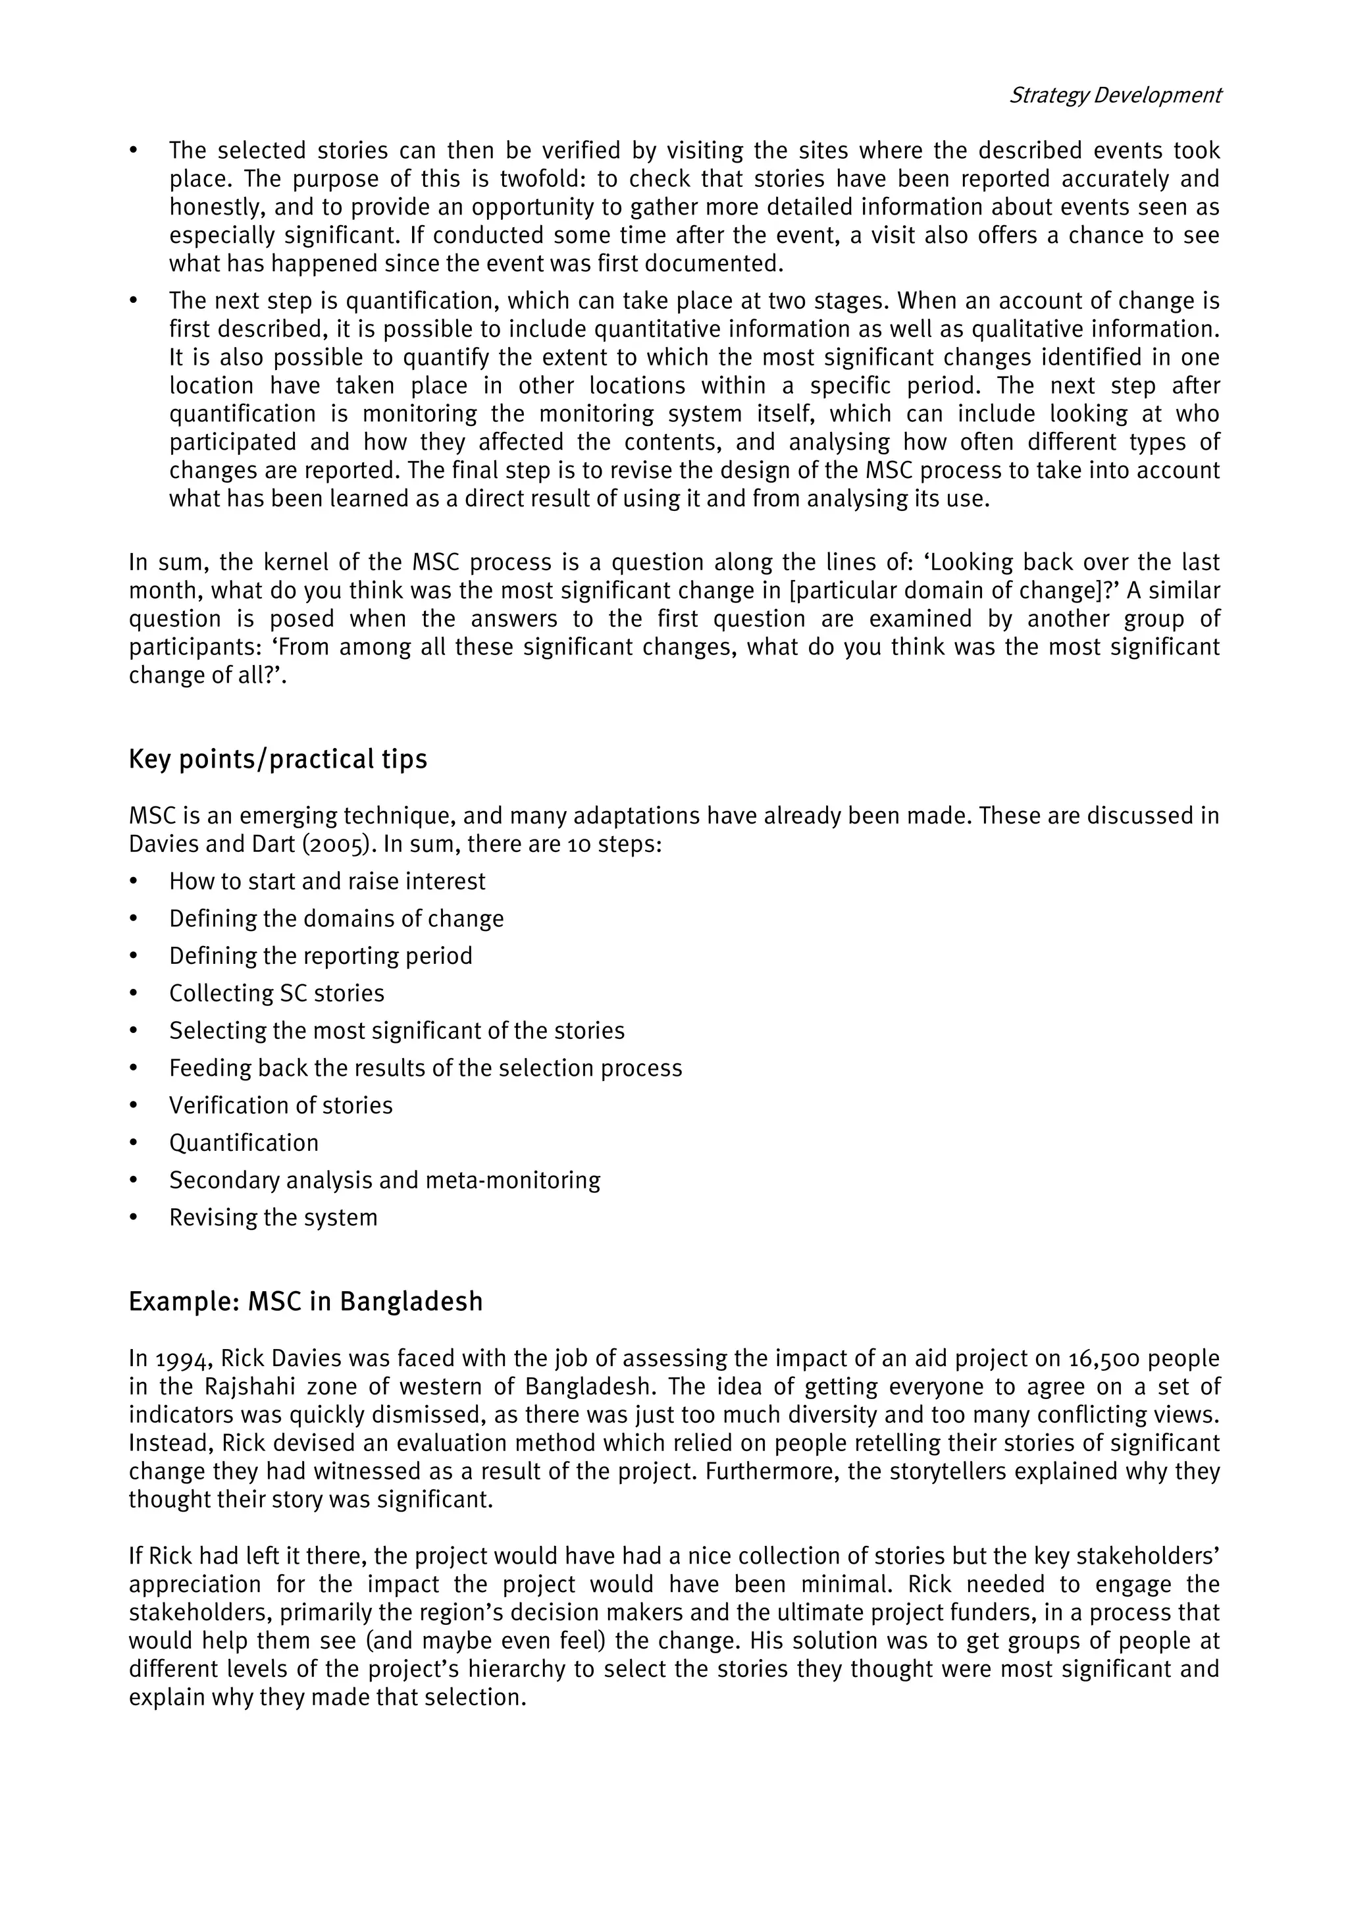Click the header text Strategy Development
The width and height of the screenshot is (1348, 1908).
pos(1114,95)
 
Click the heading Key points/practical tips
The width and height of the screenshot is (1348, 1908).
pos(277,758)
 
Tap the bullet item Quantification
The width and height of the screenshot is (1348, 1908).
pos(244,1143)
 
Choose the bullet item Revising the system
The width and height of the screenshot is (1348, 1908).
pos(273,1217)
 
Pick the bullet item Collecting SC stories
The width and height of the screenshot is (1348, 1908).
pos(276,993)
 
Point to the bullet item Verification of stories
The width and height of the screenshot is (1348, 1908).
pos(281,1105)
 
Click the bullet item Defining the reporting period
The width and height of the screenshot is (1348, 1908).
pos(321,956)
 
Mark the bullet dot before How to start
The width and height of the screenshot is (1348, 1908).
pos(133,882)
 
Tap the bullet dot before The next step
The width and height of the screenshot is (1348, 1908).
pos(133,301)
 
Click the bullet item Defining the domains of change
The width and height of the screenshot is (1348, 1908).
pos(336,918)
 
